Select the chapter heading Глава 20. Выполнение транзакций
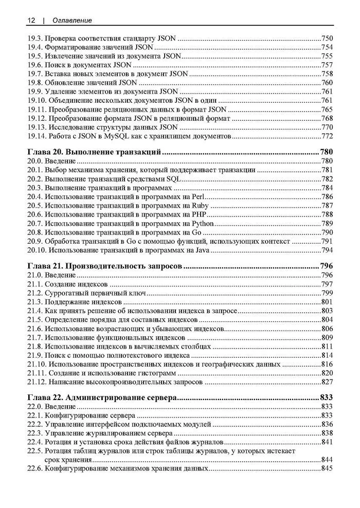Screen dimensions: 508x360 pos(95,152)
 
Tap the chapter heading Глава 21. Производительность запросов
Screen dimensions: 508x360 pos(105,266)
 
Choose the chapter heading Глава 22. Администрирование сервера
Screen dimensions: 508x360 pos(102,397)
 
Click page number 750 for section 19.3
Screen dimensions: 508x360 pos(327,38)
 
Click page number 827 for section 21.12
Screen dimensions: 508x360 pos(327,382)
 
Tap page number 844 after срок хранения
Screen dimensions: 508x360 pos(327,460)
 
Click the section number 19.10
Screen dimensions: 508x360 pos(36,100)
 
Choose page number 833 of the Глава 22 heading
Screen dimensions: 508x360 pos(327,397)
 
